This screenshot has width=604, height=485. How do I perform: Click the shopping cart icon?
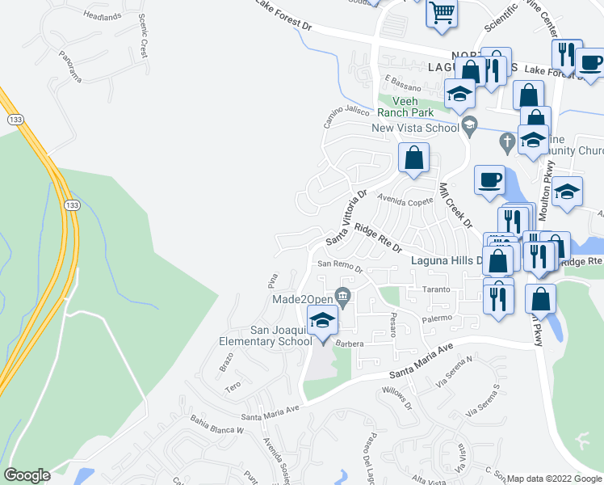coord(442,14)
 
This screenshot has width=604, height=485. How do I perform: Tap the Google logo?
coord(27,475)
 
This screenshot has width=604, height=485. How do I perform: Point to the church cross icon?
coord(506,141)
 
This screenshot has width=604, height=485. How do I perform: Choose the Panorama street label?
coord(70,66)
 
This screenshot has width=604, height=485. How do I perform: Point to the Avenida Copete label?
coord(408,200)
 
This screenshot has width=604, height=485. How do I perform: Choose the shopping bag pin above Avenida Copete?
coord(413,158)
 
